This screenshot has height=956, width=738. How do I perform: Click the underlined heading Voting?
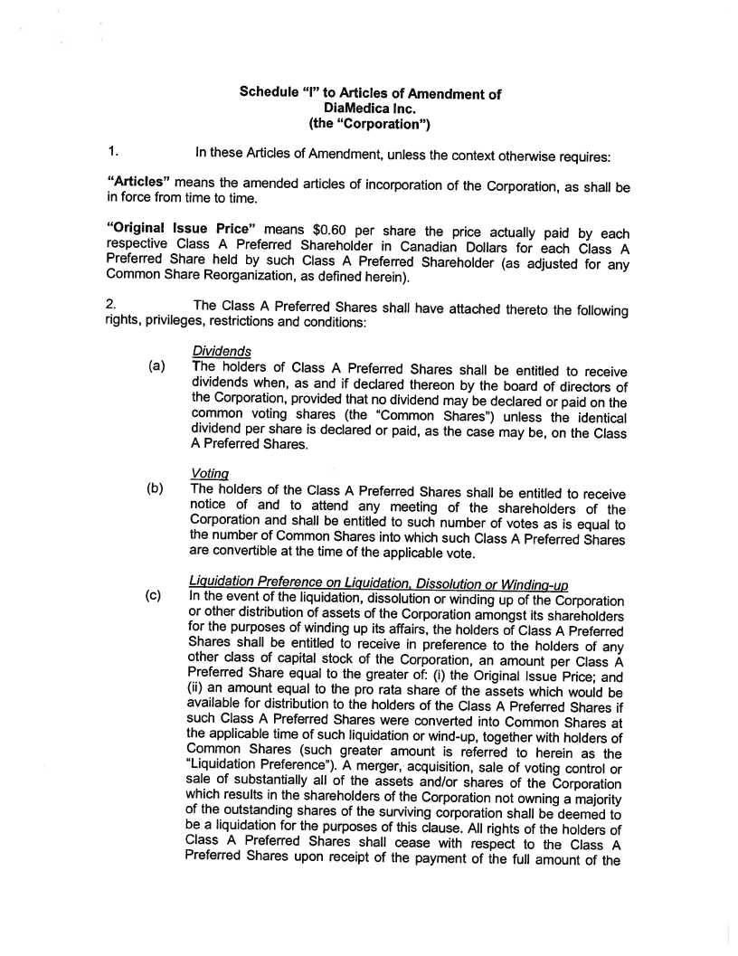pos(210,473)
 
